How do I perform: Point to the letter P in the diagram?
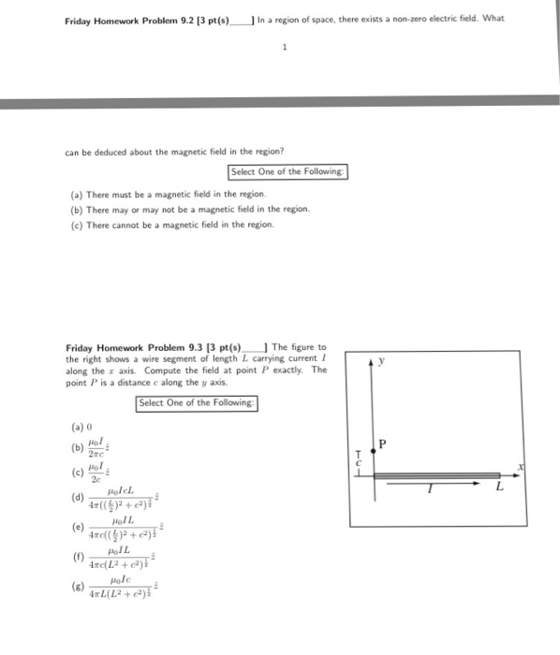tap(383, 444)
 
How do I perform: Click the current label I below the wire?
tap(430, 488)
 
